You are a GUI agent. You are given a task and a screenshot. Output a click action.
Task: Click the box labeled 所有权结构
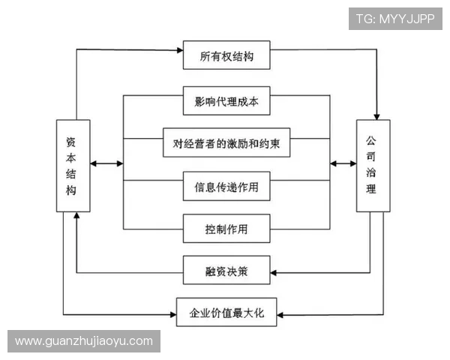226,56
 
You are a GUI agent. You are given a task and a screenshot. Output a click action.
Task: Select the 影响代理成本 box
226,101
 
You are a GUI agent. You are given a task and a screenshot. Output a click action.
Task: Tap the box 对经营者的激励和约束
226,142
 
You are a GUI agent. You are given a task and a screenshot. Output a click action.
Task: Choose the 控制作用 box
226,228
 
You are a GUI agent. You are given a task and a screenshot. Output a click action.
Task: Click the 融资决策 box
226,270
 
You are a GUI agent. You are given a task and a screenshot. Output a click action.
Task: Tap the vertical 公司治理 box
373,165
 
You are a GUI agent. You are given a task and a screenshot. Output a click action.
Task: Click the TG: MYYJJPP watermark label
395,17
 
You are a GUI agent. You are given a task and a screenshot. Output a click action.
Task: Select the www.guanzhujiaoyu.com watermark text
84,341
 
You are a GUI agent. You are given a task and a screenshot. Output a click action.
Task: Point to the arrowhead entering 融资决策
274,271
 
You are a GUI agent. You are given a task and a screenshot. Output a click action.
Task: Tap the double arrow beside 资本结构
106,163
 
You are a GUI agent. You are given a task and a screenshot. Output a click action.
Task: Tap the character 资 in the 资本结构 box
71,141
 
